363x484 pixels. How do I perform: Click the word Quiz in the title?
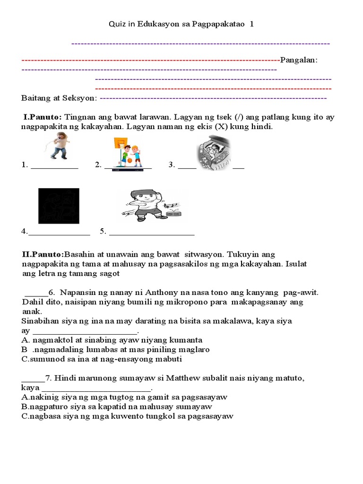pyautogui.click(x=116, y=24)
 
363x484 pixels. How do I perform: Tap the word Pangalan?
pyautogui.click(x=298, y=60)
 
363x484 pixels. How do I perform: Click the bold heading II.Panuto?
pyautogui.click(x=43, y=254)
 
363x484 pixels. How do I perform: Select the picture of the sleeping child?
pyautogui.click(x=214, y=153)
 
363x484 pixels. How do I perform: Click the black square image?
pyautogui.click(x=59, y=206)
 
